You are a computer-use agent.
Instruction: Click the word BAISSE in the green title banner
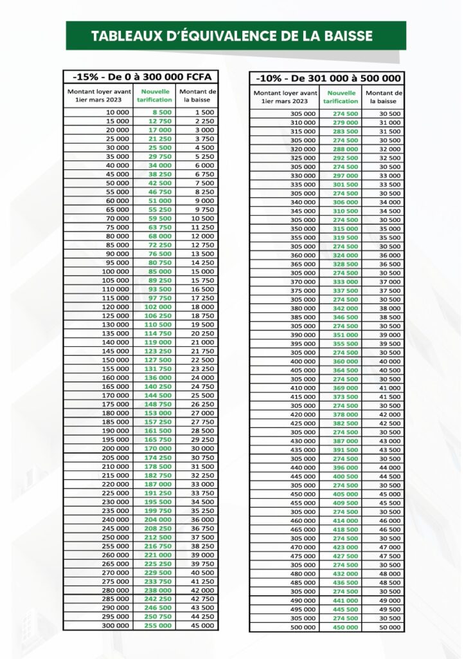346,36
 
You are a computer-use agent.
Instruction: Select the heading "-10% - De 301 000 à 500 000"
328,79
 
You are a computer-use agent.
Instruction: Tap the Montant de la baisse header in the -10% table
384,97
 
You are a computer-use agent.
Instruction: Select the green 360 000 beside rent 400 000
345,361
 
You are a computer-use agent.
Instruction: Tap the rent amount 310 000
303,122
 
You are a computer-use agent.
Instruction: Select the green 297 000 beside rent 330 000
345,175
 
